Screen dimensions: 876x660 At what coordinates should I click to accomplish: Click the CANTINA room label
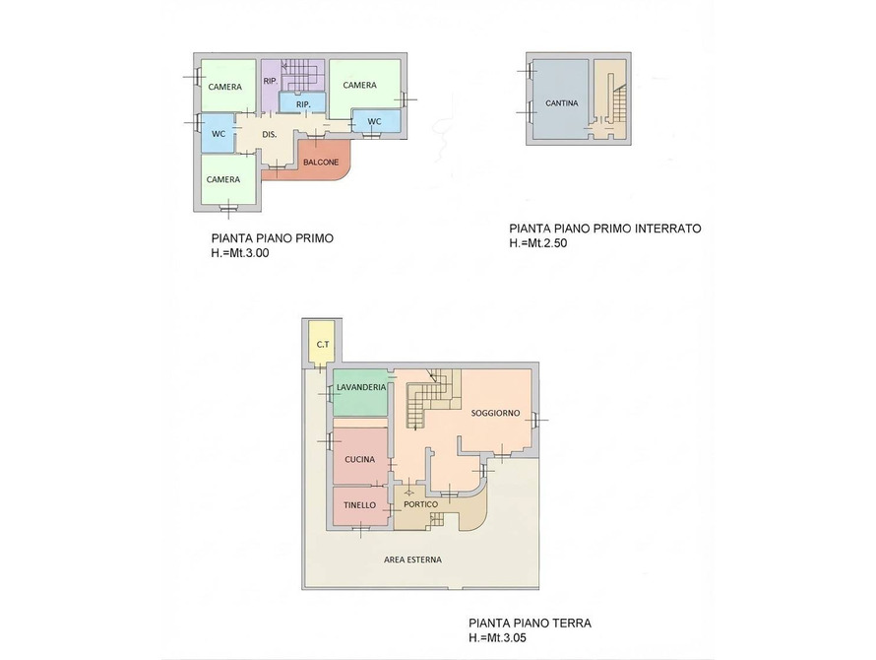tap(561, 103)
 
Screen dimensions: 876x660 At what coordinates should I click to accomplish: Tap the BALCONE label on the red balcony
tap(321, 163)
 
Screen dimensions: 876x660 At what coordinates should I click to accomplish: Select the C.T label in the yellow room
tap(323, 345)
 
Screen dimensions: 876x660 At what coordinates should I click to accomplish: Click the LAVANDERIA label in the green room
tap(361, 387)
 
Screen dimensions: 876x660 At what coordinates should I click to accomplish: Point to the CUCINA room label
tap(360, 460)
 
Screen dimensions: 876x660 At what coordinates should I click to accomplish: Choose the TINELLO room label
tap(360, 505)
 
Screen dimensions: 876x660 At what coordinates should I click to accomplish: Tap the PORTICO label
tap(420, 504)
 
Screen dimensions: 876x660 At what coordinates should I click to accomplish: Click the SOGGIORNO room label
tap(495, 414)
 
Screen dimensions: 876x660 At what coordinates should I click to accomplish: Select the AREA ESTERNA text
tap(412, 560)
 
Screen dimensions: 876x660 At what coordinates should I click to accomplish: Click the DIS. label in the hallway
tap(270, 135)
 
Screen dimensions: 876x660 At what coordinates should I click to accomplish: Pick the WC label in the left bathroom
tap(219, 134)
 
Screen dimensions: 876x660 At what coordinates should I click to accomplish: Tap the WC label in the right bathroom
tap(374, 122)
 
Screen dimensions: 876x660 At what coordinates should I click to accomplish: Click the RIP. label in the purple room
tap(271, 81)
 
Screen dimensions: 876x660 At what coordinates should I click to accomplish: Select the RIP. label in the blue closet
tap(303, 104)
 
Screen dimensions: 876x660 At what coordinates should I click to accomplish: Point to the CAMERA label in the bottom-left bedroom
tap(222, 179)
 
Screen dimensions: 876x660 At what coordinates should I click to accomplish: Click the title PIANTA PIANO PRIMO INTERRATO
tap(605, 229)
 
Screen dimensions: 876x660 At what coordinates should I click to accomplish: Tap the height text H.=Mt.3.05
tap(497, 637)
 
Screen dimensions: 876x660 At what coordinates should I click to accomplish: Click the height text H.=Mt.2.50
tap(538, 243)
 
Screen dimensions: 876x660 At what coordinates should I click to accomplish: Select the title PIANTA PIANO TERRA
tap(530, 623)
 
